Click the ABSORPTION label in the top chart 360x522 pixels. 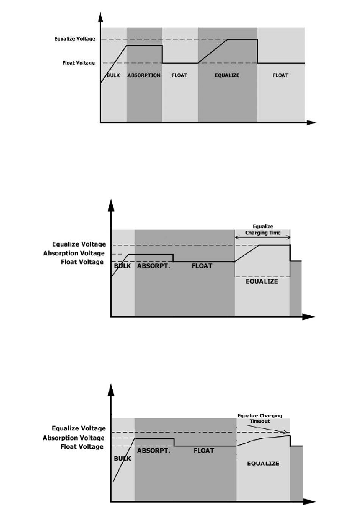coord(144,75)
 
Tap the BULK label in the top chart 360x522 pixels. coord(113,75)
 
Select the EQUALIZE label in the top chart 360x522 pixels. coord(227,75)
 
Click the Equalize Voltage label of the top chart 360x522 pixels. coord(75,39)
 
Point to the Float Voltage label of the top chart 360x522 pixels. coord(78,63)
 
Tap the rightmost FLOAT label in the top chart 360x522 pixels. coord(280,75)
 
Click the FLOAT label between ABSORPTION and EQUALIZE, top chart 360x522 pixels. coord(180,75)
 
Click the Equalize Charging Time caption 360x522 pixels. coord(263,230)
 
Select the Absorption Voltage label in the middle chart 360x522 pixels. coord(74,253)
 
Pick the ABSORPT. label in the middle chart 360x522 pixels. coord(153,266)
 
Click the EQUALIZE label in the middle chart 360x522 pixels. coord(261,281)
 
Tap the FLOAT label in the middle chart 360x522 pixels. coord(202,266)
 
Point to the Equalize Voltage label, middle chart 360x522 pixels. coord(79,244)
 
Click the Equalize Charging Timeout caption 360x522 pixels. coord(260,418)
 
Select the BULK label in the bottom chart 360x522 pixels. coord(122,458)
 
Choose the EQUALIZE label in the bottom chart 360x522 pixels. coord(263,464)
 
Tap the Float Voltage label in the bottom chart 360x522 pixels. coord(82,447)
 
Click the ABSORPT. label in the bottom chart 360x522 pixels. coord(153,451)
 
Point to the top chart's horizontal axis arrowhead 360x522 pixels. coord(311,122)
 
